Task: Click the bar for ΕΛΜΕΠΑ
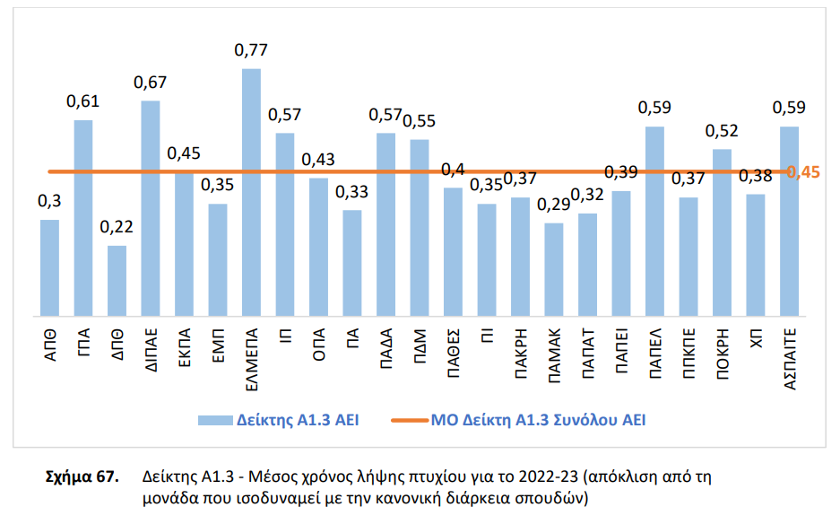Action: (252, 192)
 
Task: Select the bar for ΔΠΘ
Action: (117, 281)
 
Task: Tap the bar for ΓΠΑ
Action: (83, 218)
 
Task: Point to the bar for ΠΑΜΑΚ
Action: (554, 269)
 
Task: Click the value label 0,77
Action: (251, 50)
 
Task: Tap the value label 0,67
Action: (151, 83)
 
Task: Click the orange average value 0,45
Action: (803, 172)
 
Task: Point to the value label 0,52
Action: (722, 131)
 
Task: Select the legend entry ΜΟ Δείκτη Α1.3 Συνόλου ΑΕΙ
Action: (538, 419)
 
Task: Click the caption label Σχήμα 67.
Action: (82, 476)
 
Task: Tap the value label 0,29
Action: (554, 205)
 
